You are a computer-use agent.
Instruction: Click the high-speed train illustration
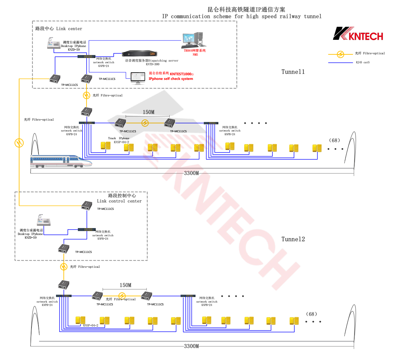pos(61,161)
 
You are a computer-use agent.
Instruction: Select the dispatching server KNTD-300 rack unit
pos(139,54)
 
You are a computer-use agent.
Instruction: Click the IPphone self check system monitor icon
pos(138,78)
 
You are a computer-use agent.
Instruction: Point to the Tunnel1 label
pos(293,72)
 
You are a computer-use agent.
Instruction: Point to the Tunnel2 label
pos(293,239)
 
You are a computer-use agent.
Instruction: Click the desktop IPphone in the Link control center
pos(43,220)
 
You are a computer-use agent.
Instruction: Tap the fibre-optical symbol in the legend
pos(340,54)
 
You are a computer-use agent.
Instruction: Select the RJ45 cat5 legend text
pos(363,62)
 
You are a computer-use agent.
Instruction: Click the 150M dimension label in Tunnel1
pos(148,112)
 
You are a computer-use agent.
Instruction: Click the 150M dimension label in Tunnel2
pos(125,285)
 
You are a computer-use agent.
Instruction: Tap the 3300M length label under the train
pos(191,173)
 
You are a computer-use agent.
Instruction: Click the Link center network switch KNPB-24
pos(86,56)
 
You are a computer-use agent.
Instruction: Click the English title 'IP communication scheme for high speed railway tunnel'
pos(242,16)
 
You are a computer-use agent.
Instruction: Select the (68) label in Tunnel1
pos(334,141)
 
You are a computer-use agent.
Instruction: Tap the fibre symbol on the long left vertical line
pos(19,143)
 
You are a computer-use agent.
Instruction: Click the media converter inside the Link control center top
pos(87,205)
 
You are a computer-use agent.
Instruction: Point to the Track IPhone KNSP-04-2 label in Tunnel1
pos(119,140)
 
